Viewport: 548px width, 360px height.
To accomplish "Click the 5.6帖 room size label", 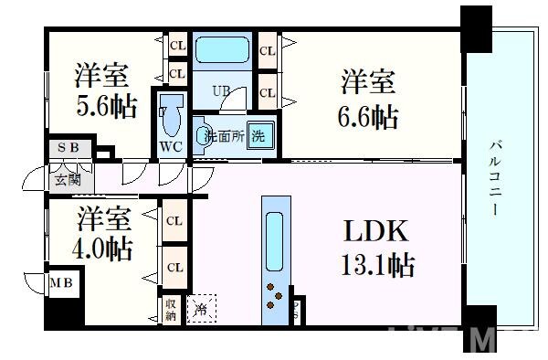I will click(x=108, y=107).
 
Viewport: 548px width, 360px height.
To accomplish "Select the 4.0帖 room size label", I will click(x=102, y=248).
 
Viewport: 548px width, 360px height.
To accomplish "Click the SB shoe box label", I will click(x=68, y=148).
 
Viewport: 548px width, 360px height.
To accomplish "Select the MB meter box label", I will click(x=61, y=283).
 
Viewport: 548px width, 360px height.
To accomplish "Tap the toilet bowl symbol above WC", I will click(x=171, y=115).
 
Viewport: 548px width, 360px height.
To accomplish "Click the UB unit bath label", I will click(x=221, y=90).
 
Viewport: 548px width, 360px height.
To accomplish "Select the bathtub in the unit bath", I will click(x=225, y=49).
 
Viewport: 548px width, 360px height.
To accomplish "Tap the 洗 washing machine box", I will click(x=259, y=137).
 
